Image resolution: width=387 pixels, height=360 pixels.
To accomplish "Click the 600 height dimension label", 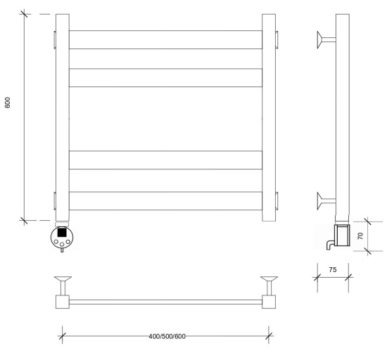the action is [x=8, y=103].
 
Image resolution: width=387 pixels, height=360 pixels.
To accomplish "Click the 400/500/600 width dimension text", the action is [x=167, y=336].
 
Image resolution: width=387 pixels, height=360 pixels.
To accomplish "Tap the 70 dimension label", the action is [x=360, y=236].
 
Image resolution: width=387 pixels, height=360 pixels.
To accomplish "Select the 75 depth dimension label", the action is [x=333, y=270].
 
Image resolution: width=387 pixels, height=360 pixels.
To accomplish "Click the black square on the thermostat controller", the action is [x=62, y=233].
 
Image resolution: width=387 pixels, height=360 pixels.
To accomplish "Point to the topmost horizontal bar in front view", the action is [x=165, y=39].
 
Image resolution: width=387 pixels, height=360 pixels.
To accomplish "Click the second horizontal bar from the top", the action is [x=165, y=77].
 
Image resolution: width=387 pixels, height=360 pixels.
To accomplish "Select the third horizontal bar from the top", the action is [x=165, y=160].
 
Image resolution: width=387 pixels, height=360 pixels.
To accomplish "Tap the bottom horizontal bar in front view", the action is [x=165, y=200].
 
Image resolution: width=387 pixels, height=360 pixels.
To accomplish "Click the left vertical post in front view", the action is [x=63, y=117].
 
